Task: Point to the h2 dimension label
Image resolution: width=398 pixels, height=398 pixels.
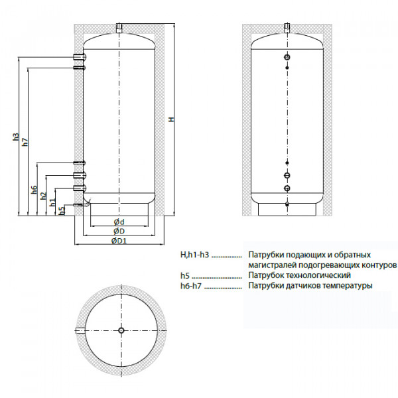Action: [43, 196]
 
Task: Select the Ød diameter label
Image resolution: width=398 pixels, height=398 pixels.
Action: [119, 222]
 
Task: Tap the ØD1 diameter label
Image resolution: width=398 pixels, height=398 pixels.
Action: [119, 241]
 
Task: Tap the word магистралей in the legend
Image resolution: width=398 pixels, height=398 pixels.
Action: [272, 265]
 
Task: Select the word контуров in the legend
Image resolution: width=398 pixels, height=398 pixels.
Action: [378, 265]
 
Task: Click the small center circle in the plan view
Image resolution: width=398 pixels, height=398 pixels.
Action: [120, 330]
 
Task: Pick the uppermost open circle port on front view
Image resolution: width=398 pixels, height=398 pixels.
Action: [287, 57]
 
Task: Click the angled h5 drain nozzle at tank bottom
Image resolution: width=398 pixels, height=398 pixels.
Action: [80, 206]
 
